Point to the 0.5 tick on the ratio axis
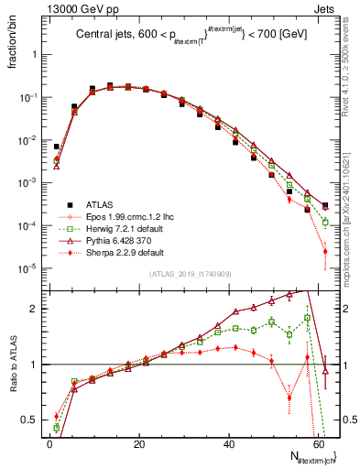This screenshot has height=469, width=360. click(32, 420)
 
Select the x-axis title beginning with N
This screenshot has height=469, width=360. click(311, 457)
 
